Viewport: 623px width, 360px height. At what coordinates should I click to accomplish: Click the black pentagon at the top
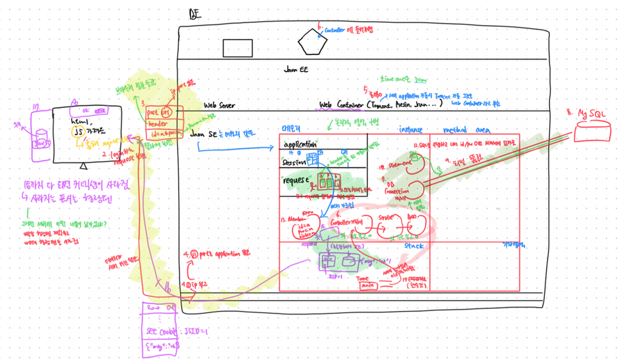pyautogui.click(x=312, y=43)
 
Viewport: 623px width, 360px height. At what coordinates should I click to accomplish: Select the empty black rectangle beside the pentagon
pyautogui.click(x=237, y=48)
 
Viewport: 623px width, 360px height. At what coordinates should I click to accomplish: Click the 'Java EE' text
pyautogui.click(x=296, y=70)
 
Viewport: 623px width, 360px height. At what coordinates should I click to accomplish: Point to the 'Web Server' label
pyautogui.click(x=219, y=106)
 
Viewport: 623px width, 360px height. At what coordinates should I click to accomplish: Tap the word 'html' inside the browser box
pyautogui.click(x=79, y=121)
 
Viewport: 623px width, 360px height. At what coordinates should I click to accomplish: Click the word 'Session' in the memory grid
pyautogui.click(x=293, y=162)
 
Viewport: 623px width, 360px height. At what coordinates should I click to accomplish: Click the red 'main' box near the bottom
pyautogui.click(x=365, y=285)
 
